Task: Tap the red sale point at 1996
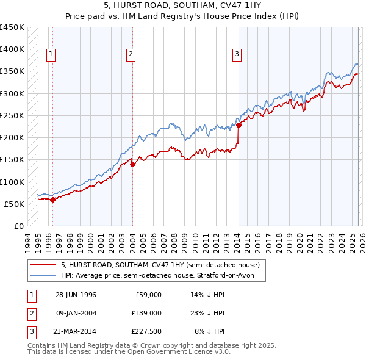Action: [x=53, y=199]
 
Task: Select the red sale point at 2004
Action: [x=132, y=164]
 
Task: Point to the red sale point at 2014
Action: [x=239, y=125]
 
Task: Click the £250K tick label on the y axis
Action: [x=12, y=115]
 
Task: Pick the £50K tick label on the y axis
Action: [x=15, y=204]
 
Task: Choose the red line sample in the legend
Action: [x=43, y=265]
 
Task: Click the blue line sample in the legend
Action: [x=43, y=275]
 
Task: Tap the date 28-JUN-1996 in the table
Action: [x=76, y=295]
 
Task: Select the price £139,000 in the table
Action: [x=146, y=313]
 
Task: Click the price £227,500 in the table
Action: [x=146, y=331]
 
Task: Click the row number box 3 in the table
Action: [x=30, y=331]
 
